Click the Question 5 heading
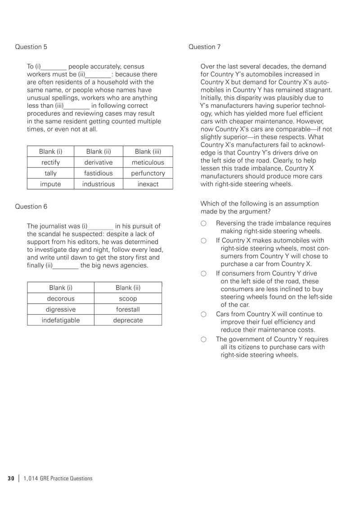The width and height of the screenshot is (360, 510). pyautogui.click(x=31, y=47)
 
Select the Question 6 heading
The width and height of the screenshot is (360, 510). pyautogui.click(x=31, y=206)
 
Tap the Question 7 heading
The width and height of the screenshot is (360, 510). pyautogui.click(x=205, y=47)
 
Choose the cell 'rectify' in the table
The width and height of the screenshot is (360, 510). pyautogui.click(x=50, y=162)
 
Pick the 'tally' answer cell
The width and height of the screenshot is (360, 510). pyautogui.click(x=50, y=173)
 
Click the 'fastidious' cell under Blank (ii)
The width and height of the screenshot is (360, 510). pyautogui.click(x=99, y=173)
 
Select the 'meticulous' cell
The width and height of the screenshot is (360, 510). pyautogui.click(x=148, y=162)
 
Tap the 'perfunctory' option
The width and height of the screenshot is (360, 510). pyautogui.click(x=148, y=173)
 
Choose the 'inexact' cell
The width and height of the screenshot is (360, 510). pyautogui.click(x=148, y=184)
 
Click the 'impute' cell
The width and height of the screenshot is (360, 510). pyautogui.click(x=50, y=184)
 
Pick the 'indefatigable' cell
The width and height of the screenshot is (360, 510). pyautogui.click(x=61, y=320)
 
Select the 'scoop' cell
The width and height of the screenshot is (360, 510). pyautogui.click(x=128, y=299)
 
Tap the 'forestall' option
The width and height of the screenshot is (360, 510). pyautogui.click(x=128, y=309)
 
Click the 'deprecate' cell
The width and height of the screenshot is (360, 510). pyautogui.click(x=128, y=320)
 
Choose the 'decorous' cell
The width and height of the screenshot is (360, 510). pyautogui.click(x=61, y=299)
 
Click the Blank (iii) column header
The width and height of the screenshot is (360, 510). pyautogui.click(x=148, y=152)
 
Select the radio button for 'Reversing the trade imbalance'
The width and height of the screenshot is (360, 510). pyautogui.click(x=204, y=224)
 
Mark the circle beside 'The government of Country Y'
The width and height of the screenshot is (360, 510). pyautogui.click(x=204, y=340)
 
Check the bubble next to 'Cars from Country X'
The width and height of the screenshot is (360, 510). pyautogui.click(x=204, y=315)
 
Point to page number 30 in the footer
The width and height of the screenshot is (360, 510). pyautogui.click(x=11, y=479)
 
